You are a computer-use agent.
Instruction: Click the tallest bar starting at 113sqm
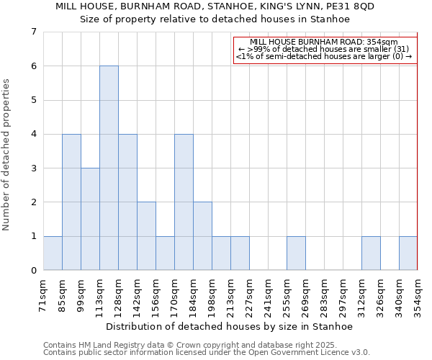tap(109, 168)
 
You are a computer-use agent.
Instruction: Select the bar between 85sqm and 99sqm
tap(71, 202)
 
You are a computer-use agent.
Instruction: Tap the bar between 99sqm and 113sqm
tap(90, 219)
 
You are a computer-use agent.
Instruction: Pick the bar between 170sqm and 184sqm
tap(184, 202)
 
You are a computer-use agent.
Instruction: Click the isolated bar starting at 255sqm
tap(296, 253)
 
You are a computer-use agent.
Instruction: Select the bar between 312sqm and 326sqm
tap(371, 253)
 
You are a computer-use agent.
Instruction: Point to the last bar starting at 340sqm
tap(408, 253)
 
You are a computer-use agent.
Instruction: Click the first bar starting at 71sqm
tap(53, 253)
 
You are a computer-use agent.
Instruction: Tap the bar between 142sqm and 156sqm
tap(146, 236)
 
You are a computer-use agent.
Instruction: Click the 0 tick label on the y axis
tap(33, 271)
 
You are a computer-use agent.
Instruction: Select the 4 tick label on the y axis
tap(33, 134)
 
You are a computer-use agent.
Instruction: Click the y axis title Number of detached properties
tap(7, 155)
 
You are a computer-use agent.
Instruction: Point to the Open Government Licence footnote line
tap(206, 353)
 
